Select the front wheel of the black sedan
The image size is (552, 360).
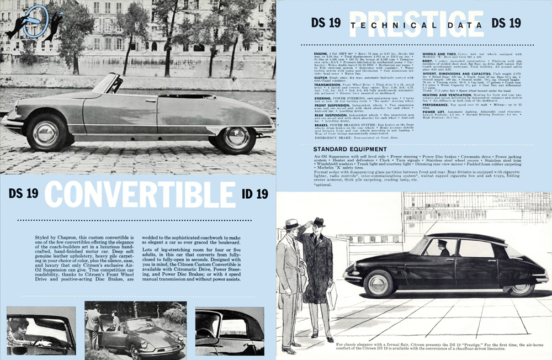(x=379, y=283)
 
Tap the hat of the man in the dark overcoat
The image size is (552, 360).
(x=319, y=222)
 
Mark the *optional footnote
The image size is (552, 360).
(x=323, y=185)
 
